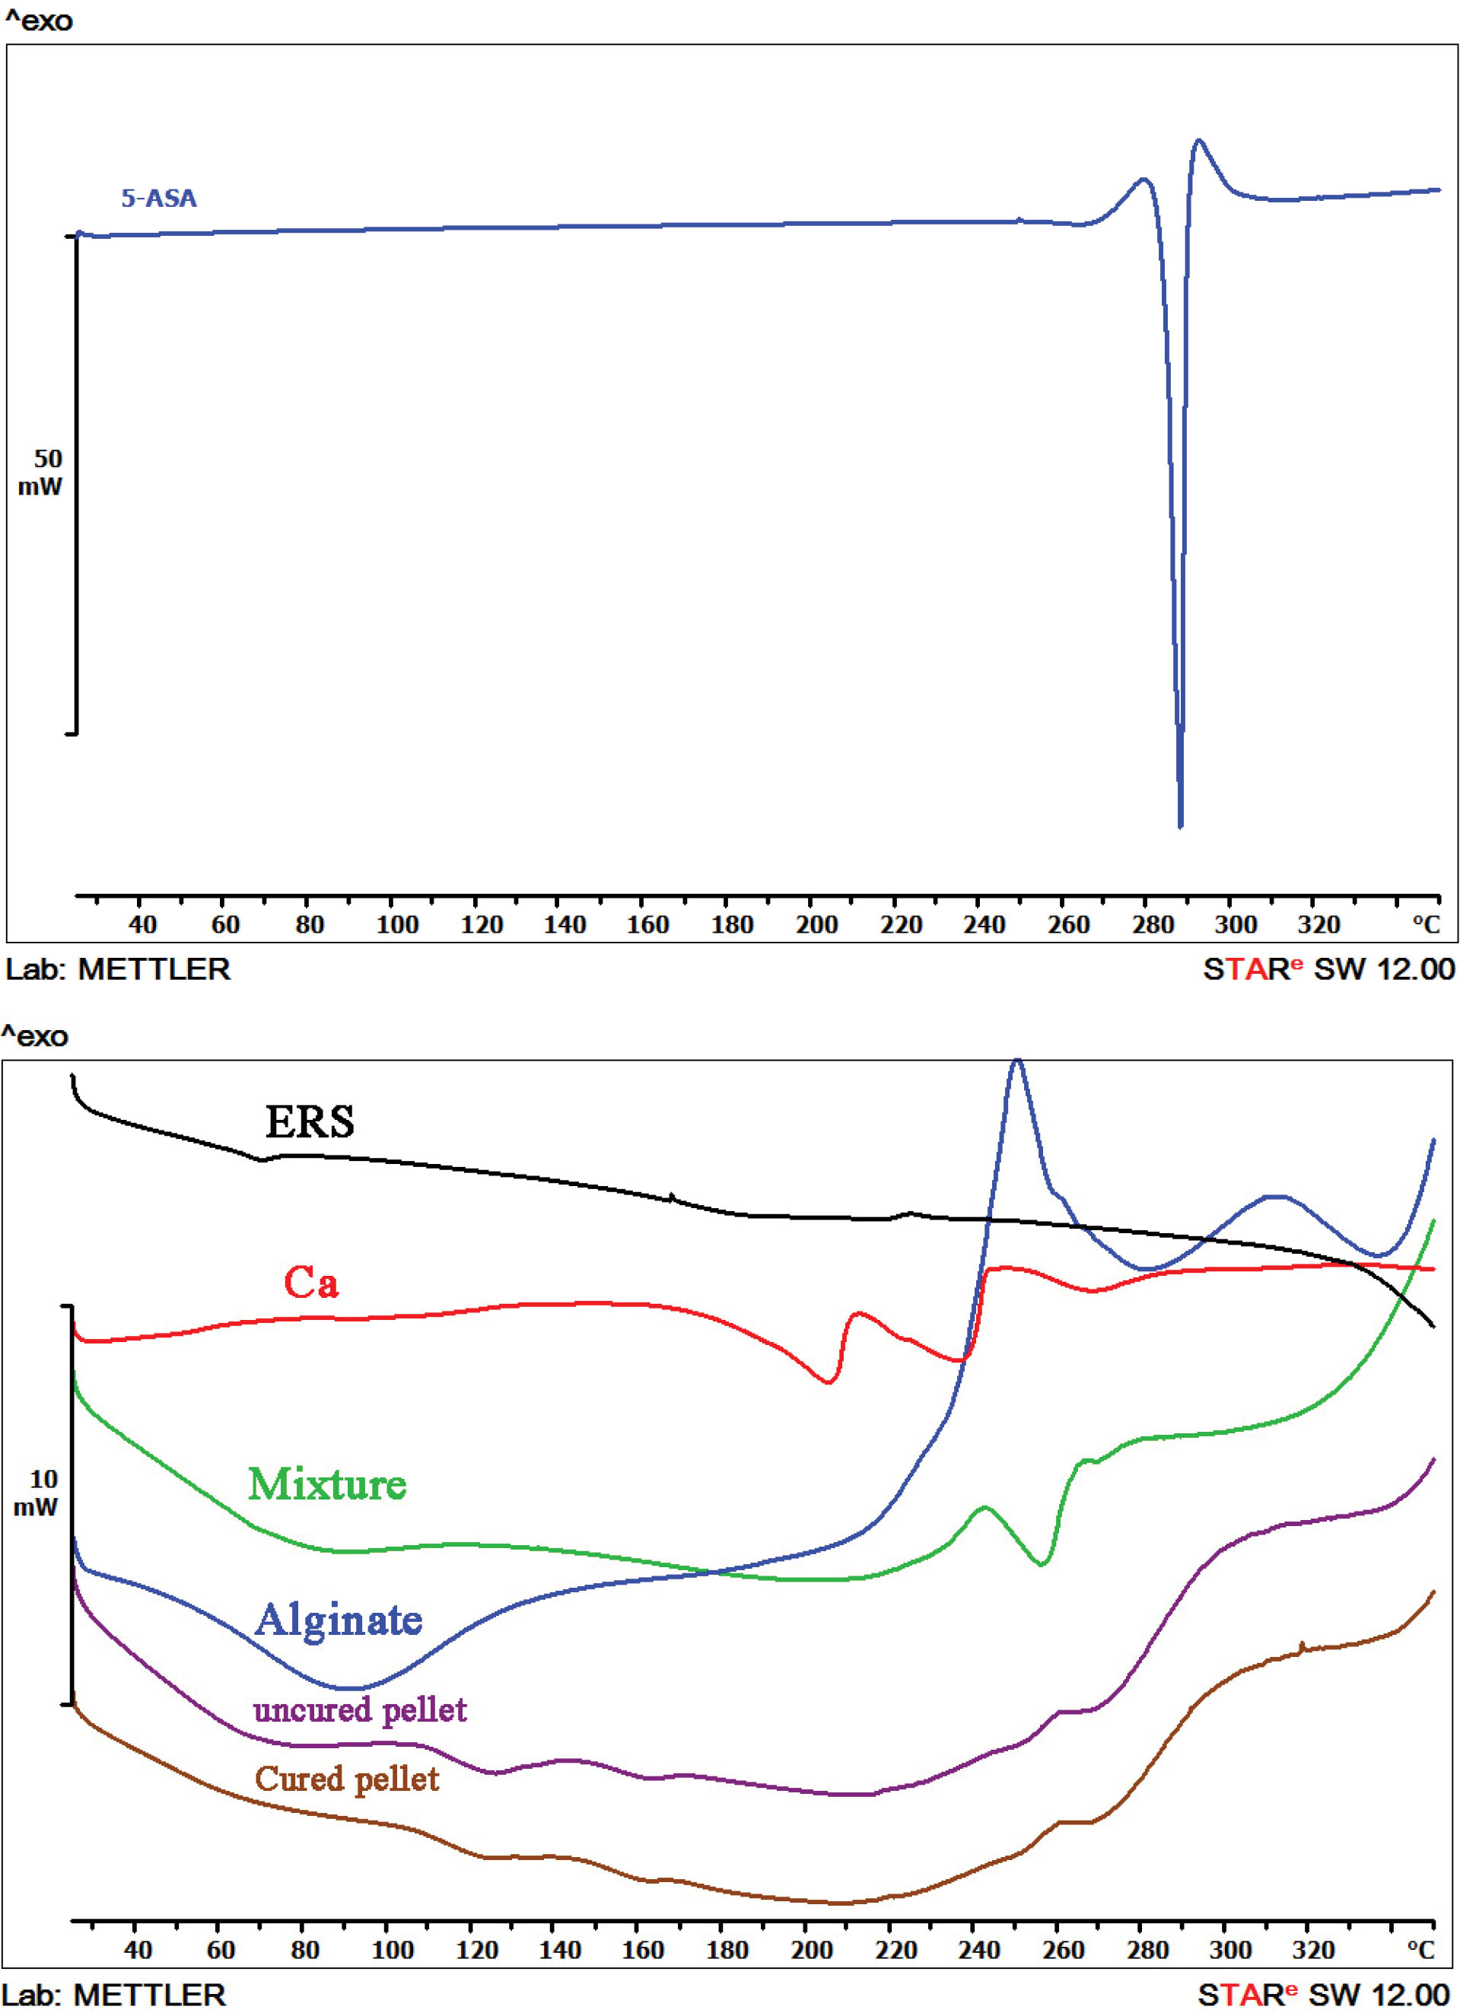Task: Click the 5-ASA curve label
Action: point(159,198)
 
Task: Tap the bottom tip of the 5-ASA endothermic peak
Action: point(1179,826)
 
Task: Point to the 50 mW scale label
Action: point(41,472)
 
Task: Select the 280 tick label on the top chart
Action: point(1152,925)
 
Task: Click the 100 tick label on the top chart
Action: point(396,925)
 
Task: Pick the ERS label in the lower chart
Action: point(310,1122)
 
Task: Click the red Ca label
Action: point(310,1283)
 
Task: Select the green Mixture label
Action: point(327,1484)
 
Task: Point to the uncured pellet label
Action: point(359,1710)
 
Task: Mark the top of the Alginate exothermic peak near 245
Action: point(1017,1061)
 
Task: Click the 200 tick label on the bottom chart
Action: point(812,1950)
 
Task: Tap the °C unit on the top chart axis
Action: point(1426,925)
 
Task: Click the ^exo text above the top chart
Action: point(38,21)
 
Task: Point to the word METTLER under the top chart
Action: point(154,969)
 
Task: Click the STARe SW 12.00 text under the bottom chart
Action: point(1326,1996)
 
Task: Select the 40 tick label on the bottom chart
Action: point(138,1950)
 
